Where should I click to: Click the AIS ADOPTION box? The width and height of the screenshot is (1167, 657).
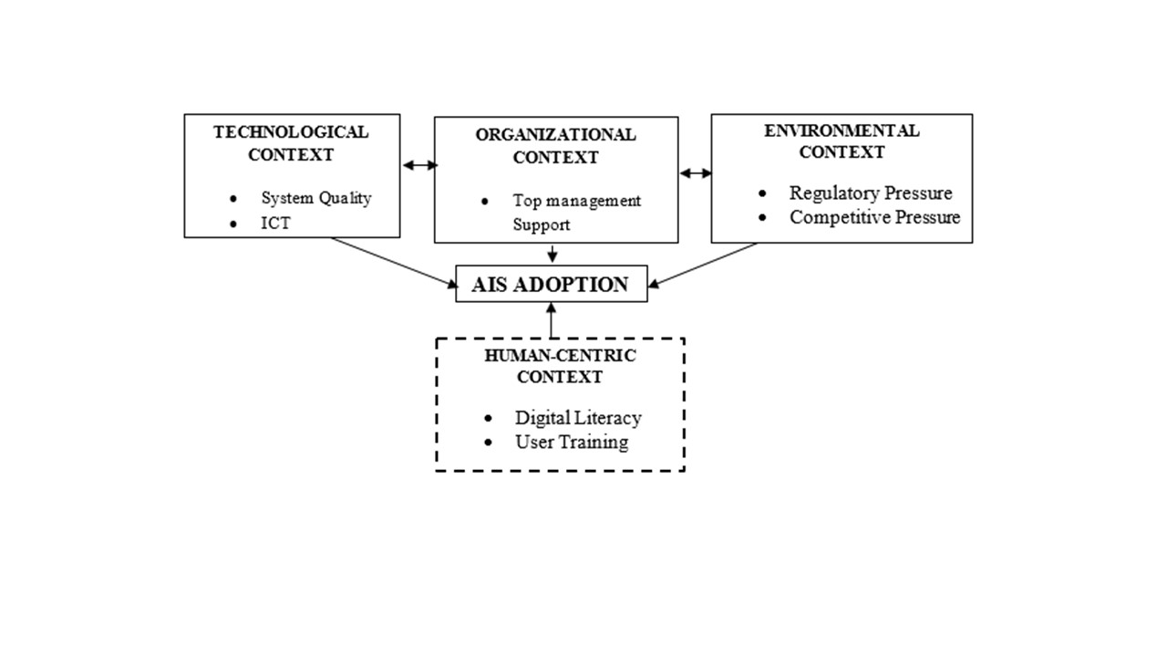[x=551, y=284]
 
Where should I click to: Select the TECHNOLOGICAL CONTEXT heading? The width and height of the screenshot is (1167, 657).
[x=291, y=143]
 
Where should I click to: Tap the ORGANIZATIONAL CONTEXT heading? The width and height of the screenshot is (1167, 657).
[x=555, y=146]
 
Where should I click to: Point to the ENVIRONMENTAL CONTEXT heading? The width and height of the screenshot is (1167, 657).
[x=842, y=141]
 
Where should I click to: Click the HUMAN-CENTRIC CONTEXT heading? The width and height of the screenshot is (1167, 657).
[x=561, y=366]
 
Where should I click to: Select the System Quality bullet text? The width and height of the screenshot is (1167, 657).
[x=316, y=198]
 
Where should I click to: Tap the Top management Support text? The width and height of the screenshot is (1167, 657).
[x=576, y=213]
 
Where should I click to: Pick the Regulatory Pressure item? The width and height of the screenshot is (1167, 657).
[x=871, y=193]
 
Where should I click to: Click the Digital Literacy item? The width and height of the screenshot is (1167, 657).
[x=578, y=418]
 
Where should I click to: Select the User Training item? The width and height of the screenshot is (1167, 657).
[x=572, y=443]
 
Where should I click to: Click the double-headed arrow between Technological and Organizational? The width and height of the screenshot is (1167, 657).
[x=420, y=165]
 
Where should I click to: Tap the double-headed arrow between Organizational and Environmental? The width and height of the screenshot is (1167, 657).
[x=696, y=173]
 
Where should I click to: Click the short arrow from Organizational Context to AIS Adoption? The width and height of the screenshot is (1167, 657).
[x=552, y=254]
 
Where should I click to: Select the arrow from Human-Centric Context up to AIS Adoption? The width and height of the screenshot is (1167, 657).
[x=551, y=319]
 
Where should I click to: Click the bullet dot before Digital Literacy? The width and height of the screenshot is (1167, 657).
[x=490, y=419]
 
